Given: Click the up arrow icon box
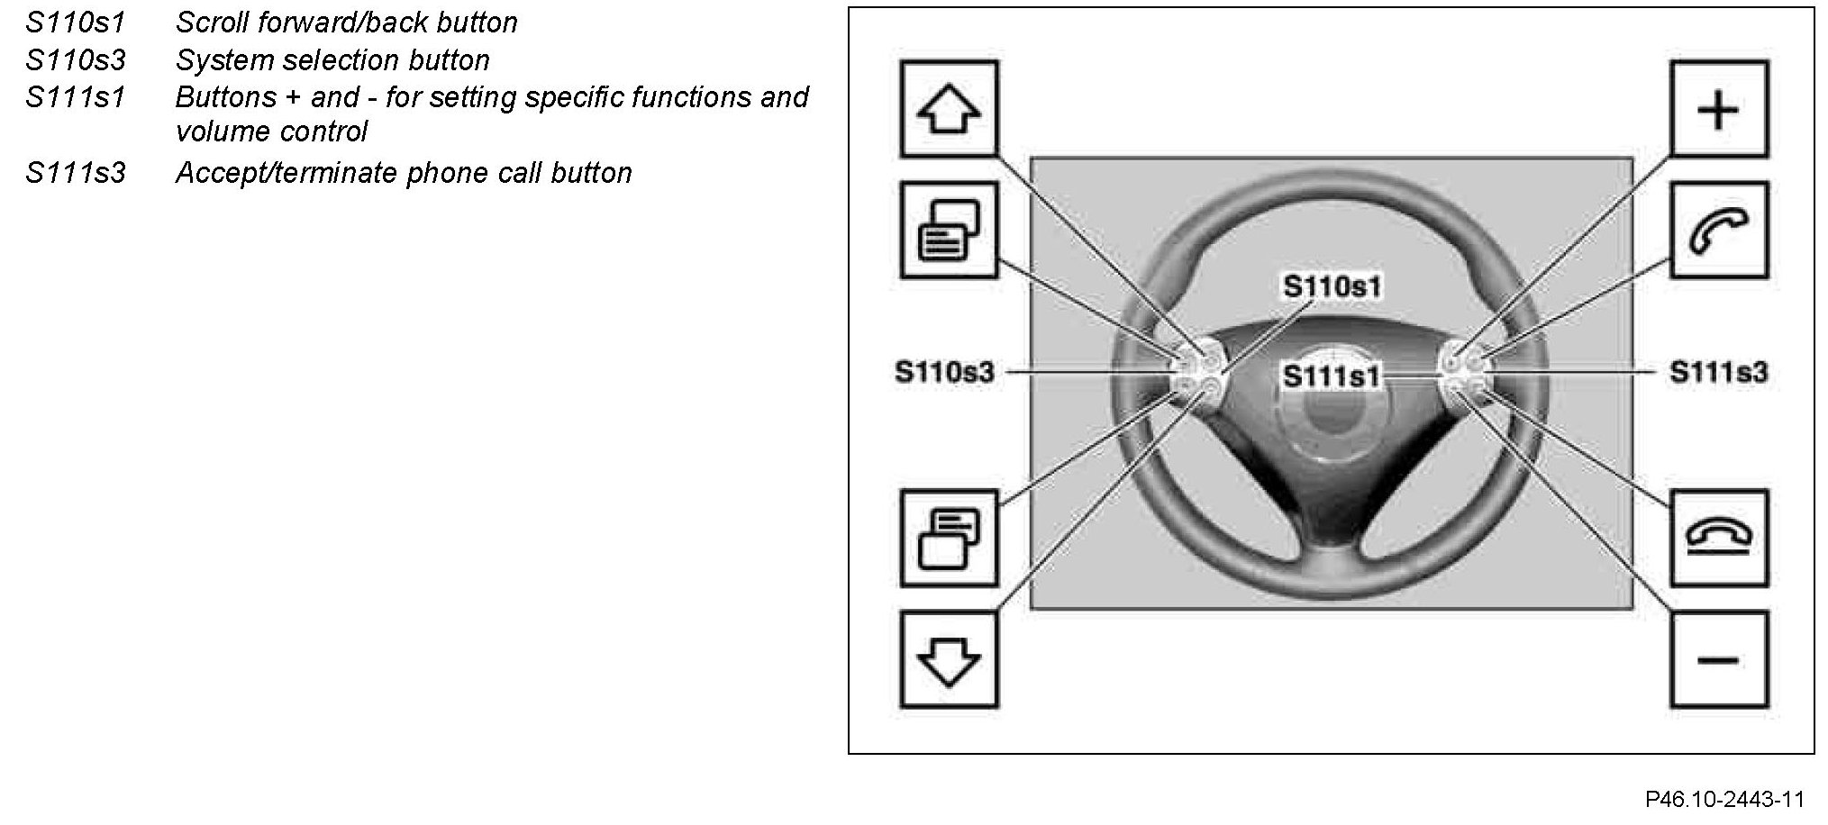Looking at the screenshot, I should [949, 109].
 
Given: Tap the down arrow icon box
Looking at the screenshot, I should [949, 660].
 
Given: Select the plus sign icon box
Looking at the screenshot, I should [1718, 109].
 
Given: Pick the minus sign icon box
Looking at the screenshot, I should [1718, 660].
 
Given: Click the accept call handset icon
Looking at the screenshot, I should [1718, 231].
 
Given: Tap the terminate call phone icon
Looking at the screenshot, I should [1718, 538].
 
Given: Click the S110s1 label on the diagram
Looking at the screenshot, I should [1332, 286].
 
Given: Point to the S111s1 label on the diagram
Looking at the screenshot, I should [1332, 376].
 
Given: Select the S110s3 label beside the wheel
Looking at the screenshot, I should [944, 372].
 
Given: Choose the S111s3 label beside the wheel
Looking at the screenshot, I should [1719, 372].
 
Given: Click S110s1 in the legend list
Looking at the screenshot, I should [76, 22].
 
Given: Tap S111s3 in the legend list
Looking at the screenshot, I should [76, 172].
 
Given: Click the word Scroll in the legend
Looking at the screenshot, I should [212, 22].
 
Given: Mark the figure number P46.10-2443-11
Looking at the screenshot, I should [1724, 799].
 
